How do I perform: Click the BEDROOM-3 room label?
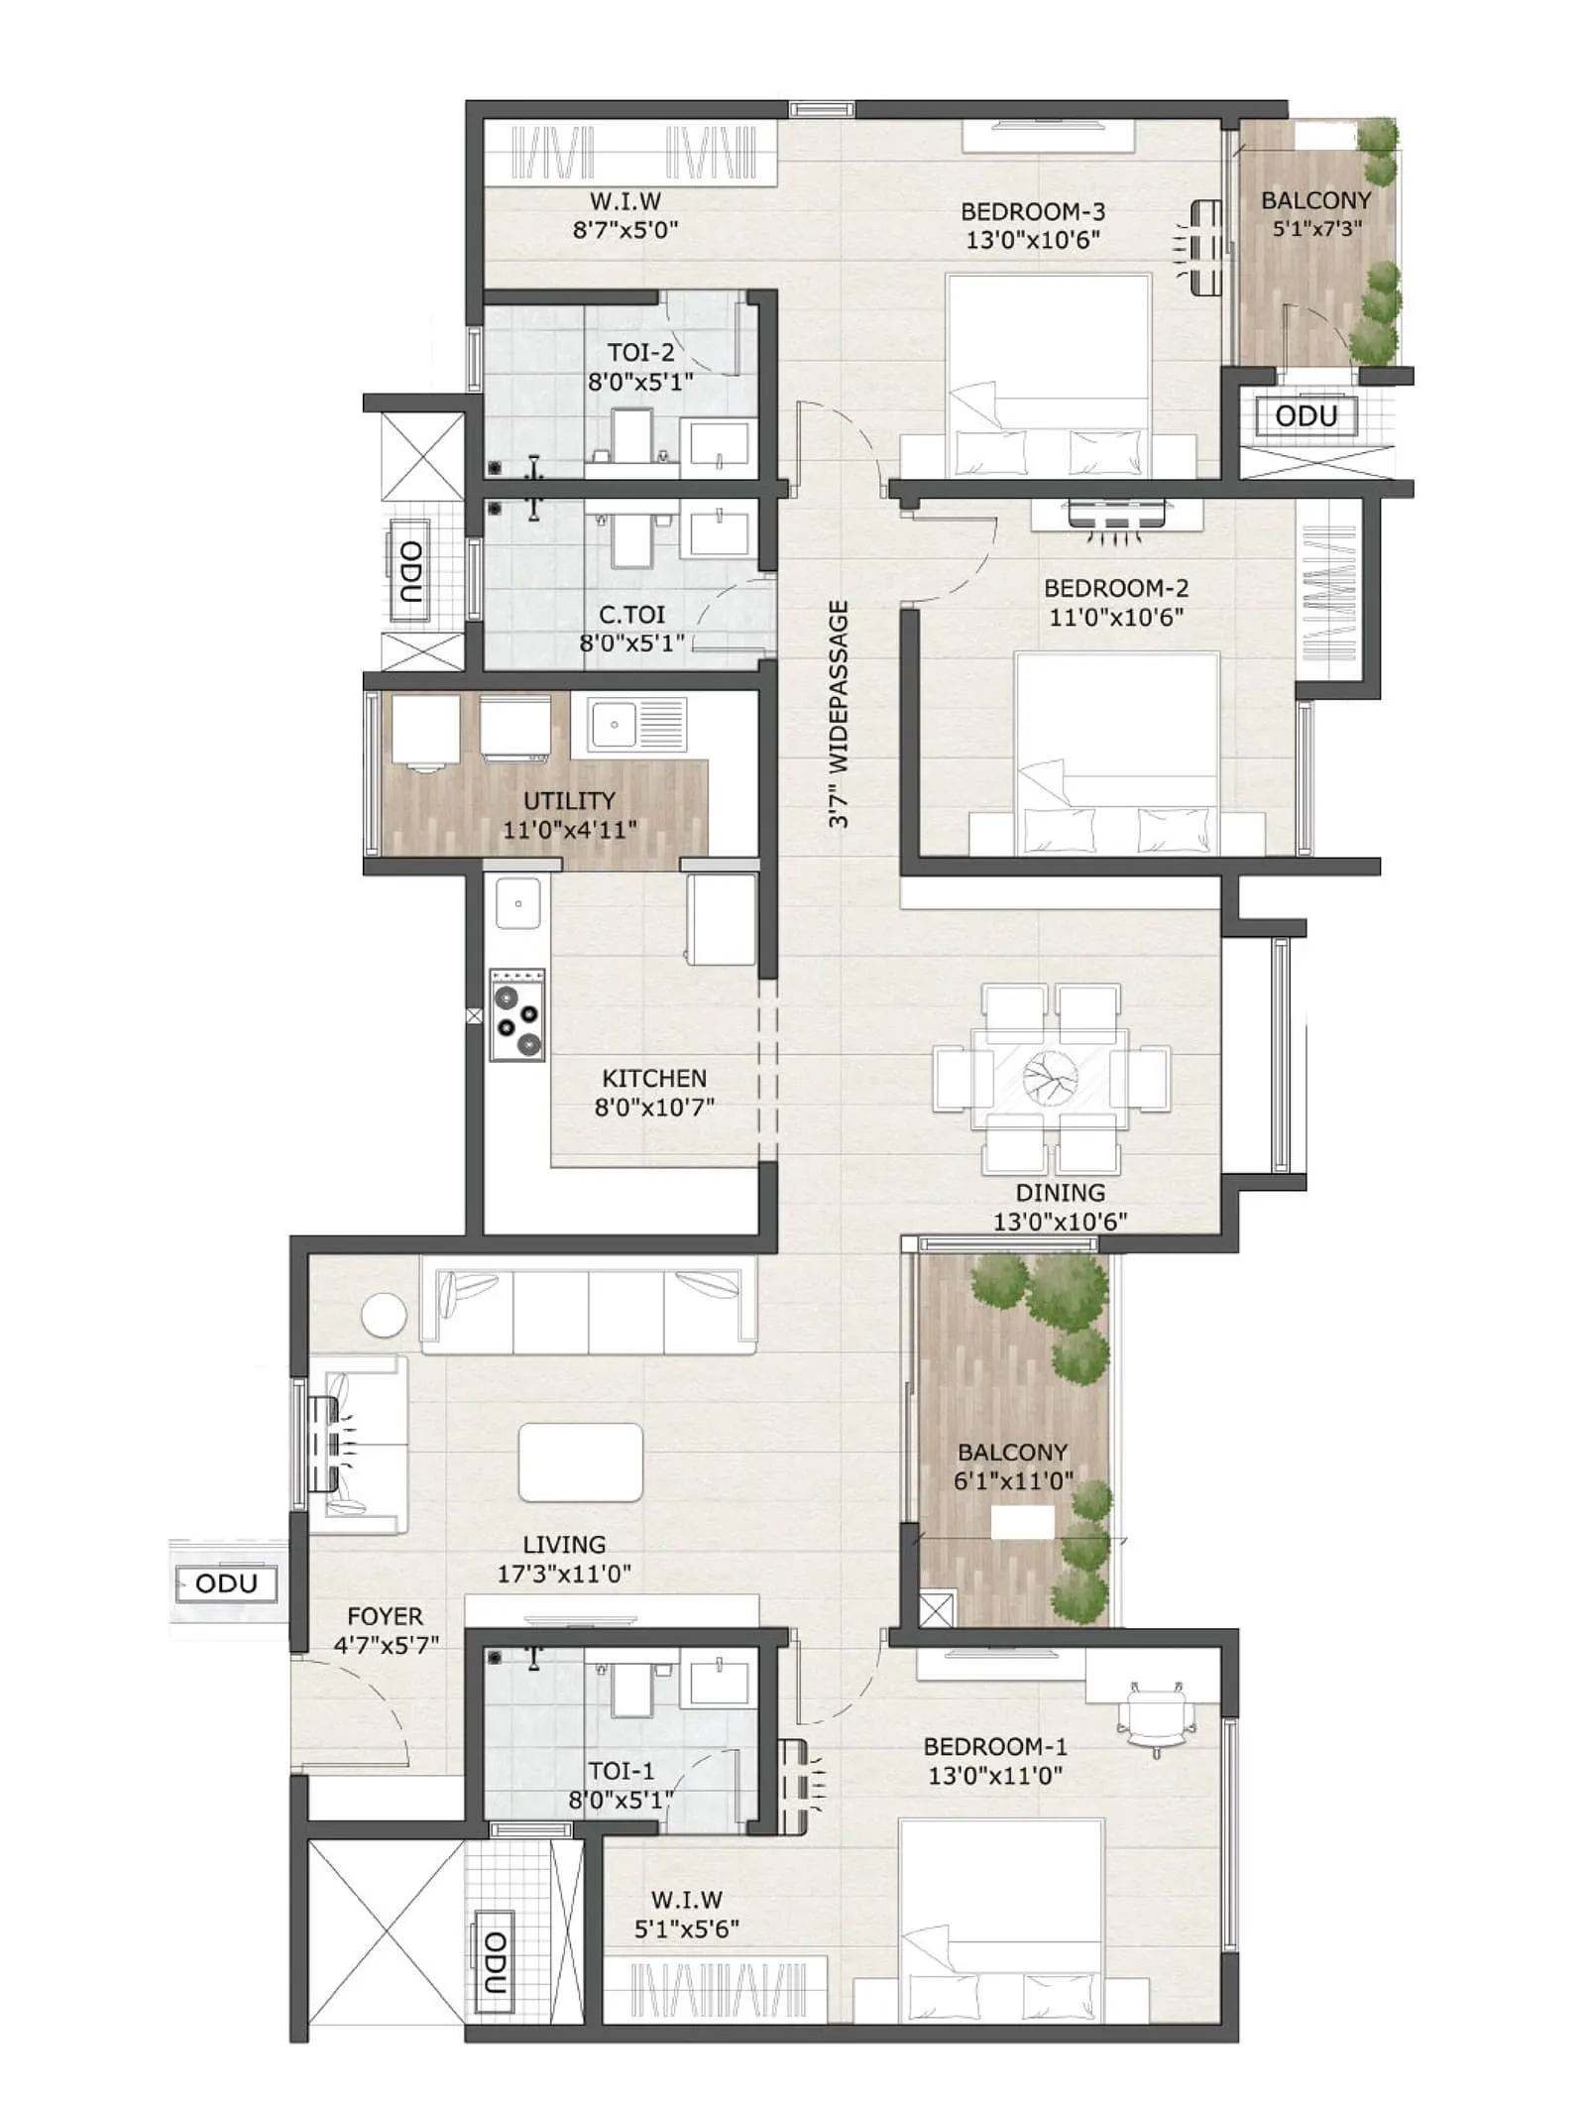(1032, 211)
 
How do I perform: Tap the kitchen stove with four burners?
(517, 1014)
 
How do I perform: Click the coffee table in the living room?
(581, 1462)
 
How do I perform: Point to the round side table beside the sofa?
(384, 1316)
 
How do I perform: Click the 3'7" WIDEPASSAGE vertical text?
(839, 714)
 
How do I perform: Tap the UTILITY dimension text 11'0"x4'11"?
(569, 830)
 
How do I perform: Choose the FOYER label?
(385, 1616)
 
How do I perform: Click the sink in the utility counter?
(615, 724)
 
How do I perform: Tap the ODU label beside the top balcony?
(1305, 415)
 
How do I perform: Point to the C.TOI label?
(631, 615)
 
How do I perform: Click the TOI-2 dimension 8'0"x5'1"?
(639, 382)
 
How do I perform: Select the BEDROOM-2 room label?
(1115, 588)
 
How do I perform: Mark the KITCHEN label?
(654, 1078)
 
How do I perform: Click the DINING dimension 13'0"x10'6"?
(1060, 1222)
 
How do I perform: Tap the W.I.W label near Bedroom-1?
(686, 1900)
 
